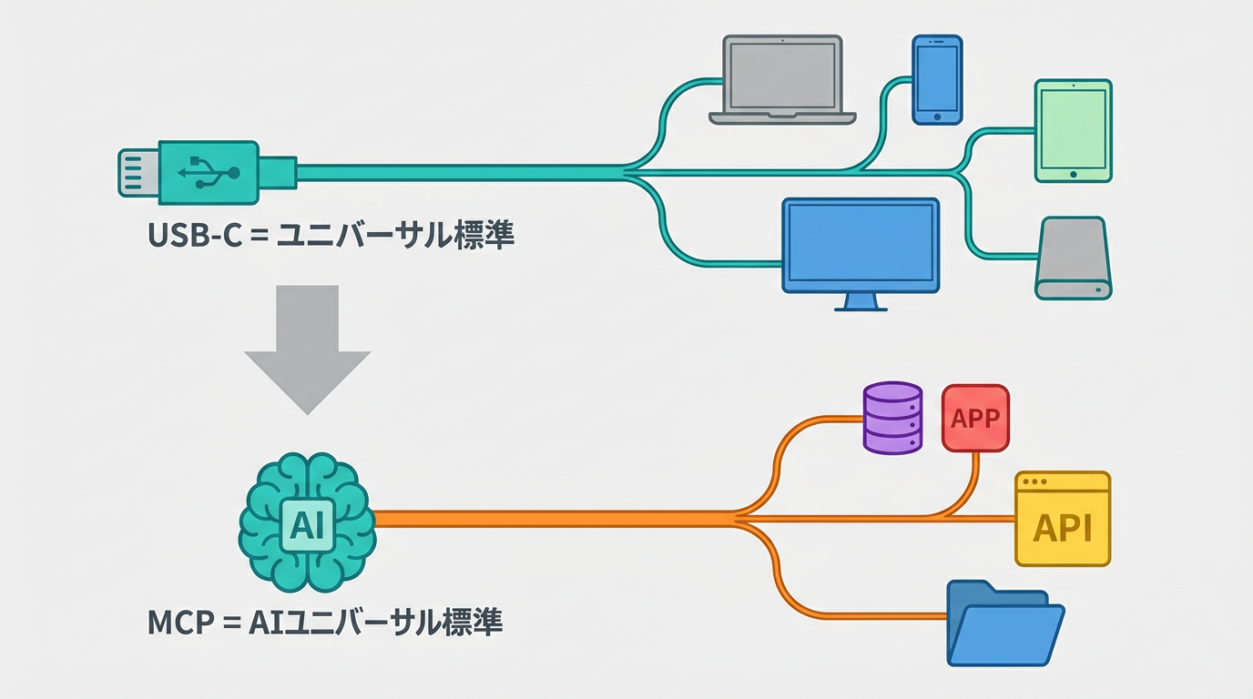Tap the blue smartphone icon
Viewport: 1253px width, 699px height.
click(937, 80)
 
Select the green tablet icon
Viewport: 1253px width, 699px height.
click(1073, 130)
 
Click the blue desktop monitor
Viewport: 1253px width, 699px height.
click(860, 244)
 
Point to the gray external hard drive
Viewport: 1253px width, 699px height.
click(1074, 258)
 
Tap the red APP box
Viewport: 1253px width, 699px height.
click(975, 418)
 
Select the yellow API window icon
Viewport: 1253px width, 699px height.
click(1063, 520)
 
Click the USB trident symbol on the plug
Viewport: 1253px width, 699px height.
click(209, 171)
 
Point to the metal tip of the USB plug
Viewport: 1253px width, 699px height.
click(137, 172)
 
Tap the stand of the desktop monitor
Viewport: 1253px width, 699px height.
click(860, 302)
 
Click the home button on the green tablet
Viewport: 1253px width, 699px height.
click(1073, 173)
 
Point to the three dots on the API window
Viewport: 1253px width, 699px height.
click(1035, 481)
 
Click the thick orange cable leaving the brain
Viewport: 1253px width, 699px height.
click(546, 519)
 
